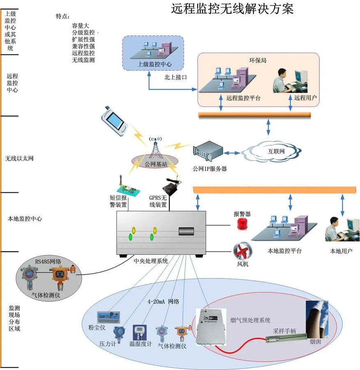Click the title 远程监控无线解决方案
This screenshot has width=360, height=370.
coord(232,9)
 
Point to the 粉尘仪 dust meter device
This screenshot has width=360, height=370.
coord(108,317)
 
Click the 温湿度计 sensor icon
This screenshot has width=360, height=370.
coord(140,332)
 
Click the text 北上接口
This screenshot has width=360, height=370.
coord(175,77)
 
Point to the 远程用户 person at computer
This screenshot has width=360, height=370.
coord(291,81)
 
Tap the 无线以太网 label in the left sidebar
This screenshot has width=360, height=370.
coord(19,158)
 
